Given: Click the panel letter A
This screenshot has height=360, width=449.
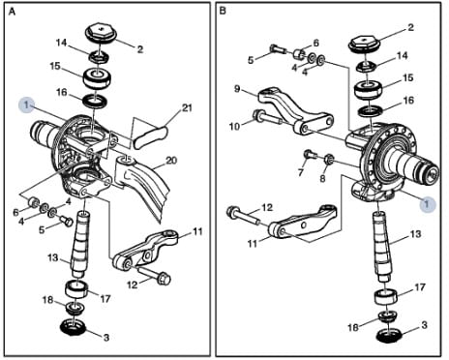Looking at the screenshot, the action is pos(12,12).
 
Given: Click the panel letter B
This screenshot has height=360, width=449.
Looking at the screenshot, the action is pos(223,11).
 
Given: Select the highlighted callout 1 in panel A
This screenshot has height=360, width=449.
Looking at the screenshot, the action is pos(26,105).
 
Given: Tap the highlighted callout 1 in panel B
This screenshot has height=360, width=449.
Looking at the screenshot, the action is pos(427,204).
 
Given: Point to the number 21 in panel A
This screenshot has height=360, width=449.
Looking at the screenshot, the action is pos(187,107).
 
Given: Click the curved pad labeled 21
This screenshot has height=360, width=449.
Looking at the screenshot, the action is pos(151,137).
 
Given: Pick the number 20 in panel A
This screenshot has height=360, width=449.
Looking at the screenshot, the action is pos(171,160).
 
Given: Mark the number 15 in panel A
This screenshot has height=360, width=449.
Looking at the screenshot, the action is pos(55,66).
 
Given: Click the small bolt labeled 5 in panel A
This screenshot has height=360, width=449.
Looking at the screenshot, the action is pos(66,221).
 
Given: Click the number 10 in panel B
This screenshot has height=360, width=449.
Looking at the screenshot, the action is pos(235,126).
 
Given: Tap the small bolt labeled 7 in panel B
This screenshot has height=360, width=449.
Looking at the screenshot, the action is pos(310,155).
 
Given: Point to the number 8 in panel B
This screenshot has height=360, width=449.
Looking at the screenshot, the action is pos(322,178).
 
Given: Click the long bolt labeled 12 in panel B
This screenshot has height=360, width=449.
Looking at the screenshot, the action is pos(244,216).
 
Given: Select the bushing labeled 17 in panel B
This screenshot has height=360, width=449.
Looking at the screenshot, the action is pos(386,297).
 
